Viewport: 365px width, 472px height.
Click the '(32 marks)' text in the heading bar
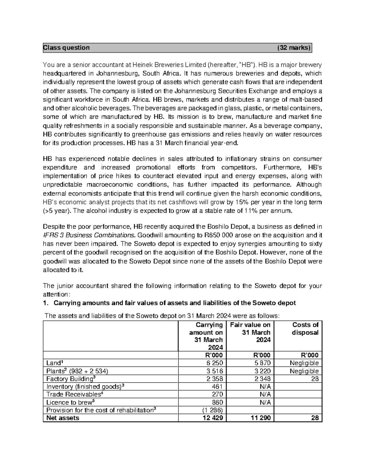pyautogui.click(x=294, y=48)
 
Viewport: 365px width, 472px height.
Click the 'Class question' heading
pyautogui.click(x=67, y=48)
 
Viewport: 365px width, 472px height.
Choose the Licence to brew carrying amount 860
pyautogui.click(x=217, y=402)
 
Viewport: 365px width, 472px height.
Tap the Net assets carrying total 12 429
pyautogui.click(x=212, y=418)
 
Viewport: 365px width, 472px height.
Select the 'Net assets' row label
pyautogui.click(x=62, y=418)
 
